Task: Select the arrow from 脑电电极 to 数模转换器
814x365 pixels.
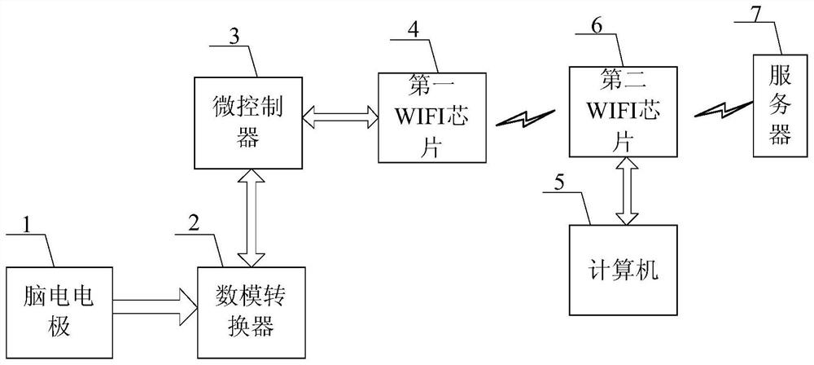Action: click(155, 307)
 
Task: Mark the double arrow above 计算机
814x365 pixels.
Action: click(627, 191)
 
